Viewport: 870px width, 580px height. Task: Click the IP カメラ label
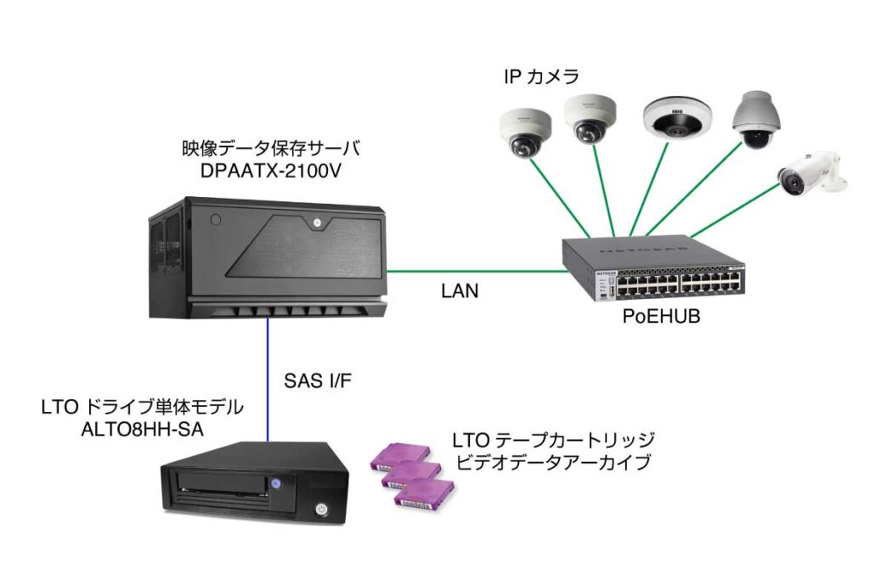[541, 77]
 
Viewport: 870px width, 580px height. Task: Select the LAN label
[460, 291]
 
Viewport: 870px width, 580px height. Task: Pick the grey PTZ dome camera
[754, 120]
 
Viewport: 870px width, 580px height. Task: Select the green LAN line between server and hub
[476, 272]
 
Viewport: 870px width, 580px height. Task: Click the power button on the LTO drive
[321, 510]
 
